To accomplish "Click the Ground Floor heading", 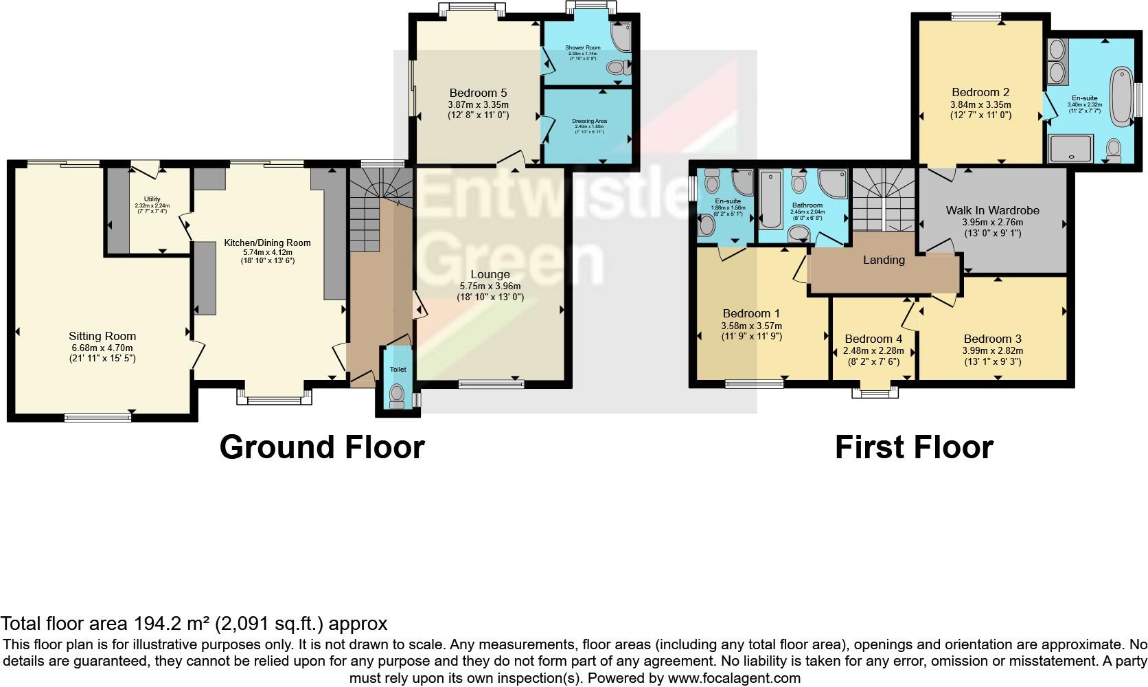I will click(322, 447).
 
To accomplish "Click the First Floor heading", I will click(914, 447).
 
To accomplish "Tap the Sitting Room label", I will click(102, 336).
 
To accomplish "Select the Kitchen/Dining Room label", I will click(267, 243).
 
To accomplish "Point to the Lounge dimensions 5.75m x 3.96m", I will click(490, 286).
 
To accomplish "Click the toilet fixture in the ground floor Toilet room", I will click(397, 395).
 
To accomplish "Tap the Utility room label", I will click(152, 199).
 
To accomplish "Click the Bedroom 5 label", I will click(478, 93).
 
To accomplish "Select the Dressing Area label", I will click(589, 121).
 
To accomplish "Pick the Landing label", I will click(884, 260).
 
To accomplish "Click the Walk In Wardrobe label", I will click(992, 210).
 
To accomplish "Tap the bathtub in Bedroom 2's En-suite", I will click(1121, 95).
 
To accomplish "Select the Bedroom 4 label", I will click(873, 339).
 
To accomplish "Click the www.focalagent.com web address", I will click(733, 678).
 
